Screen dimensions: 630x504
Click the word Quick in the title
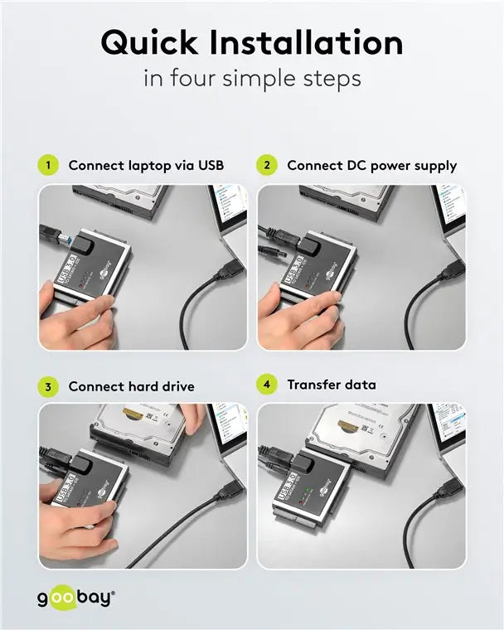click(151, 42)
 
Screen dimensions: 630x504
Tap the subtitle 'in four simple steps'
click(252, 79)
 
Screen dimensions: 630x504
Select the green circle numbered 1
click(49, 165)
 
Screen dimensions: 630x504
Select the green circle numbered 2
click(267, 165)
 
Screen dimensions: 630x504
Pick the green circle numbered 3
click(49, 386)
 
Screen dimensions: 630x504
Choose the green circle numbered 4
click(267, 385)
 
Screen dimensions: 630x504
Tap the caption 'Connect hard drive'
click(131, 386)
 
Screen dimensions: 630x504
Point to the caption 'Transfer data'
click(332, 385)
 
